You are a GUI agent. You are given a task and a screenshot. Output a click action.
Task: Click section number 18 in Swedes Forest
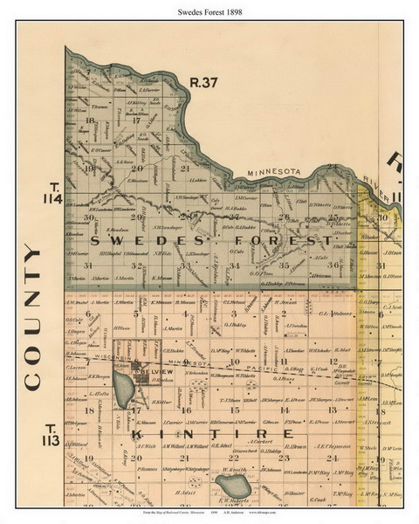[89, 120]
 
